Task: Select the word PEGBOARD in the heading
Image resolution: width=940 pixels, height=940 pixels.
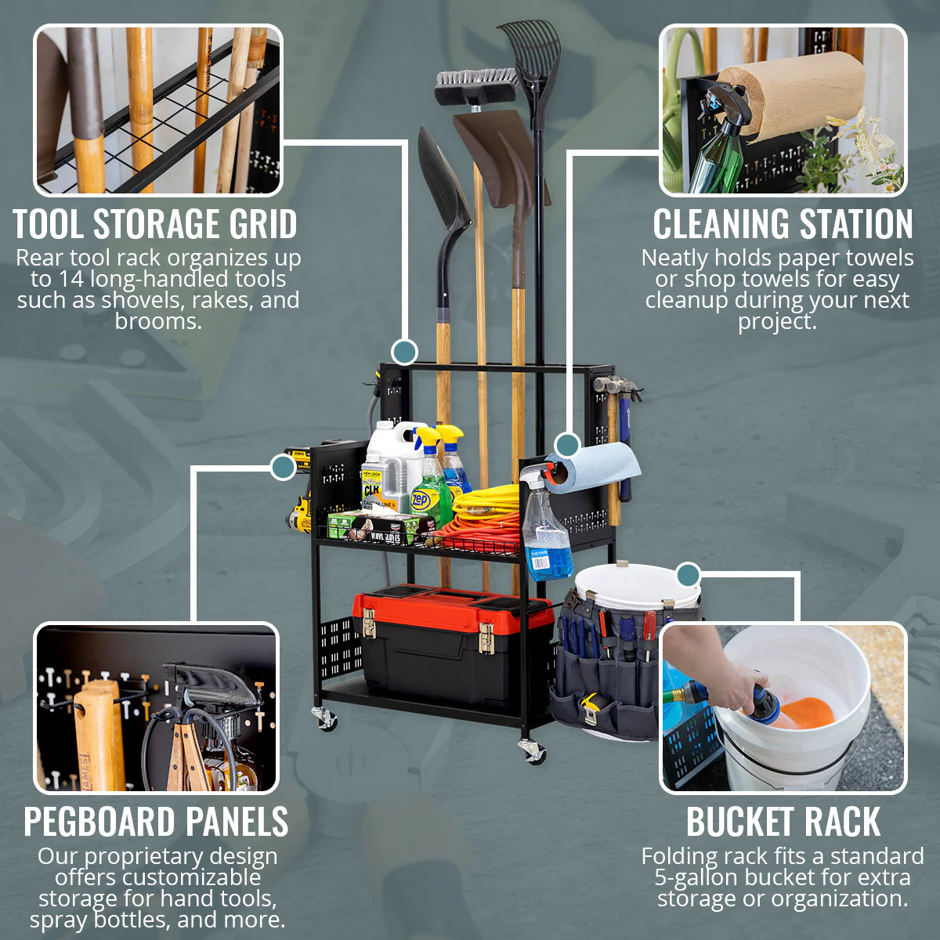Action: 97,822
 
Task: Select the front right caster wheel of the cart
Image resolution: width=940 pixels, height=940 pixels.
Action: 533,752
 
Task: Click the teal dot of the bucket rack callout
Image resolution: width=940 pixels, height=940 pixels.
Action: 688,575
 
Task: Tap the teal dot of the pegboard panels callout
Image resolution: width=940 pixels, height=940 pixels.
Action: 283,468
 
